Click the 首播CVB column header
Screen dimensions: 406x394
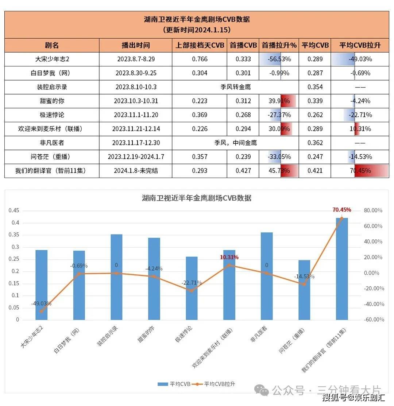pos(243,46)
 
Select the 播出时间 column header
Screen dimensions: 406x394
pos(135,46)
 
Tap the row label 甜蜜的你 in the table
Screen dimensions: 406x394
pos(52,101)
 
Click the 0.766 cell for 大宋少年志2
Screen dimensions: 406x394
pos(200,59)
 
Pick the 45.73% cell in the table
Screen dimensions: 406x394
pos(279,171)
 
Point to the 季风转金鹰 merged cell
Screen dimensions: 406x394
pos(235,87)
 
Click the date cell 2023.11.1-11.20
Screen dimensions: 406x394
pos(136,115)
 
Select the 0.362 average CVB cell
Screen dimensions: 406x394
pos(315,143)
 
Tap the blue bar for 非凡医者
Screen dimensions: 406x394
pos(267,276)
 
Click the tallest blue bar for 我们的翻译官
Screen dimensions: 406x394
pos(342,268)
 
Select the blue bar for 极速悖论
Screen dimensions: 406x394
pos(192,288)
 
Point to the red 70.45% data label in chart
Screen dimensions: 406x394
pos(342,210)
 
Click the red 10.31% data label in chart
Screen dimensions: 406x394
pos(229,257)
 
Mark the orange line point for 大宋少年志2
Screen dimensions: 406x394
pos(41,311)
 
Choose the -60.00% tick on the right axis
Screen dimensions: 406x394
pos(374,320)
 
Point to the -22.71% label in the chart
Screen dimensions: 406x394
pos(191,283)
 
